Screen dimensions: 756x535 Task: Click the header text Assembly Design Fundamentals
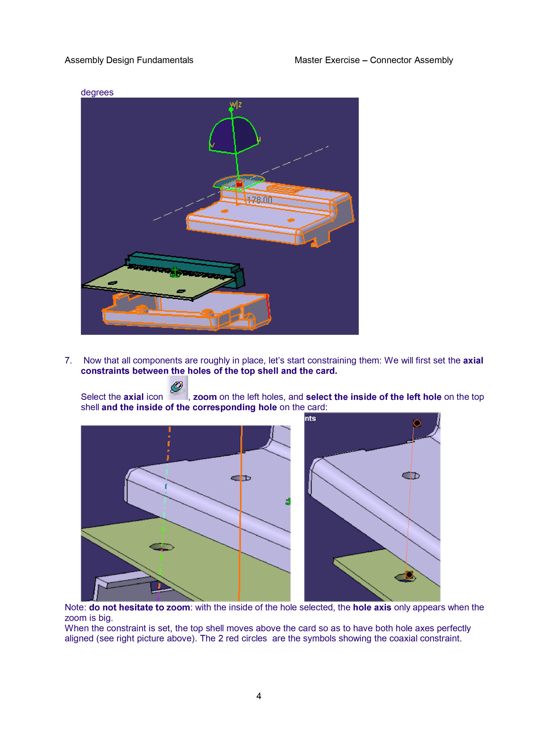pos(129,60)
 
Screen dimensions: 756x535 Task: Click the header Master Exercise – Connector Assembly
pos(373,60)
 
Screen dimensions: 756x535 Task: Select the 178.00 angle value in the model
pos(260,200)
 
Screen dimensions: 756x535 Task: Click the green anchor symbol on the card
pos(175,272)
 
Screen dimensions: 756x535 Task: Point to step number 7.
pos(68,360)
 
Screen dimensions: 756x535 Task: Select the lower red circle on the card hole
pos(409,575)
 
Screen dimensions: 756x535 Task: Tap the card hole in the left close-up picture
pos(162,547)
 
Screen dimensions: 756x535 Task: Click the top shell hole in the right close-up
pos(411,475)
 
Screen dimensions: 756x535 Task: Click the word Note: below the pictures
pos(76,608)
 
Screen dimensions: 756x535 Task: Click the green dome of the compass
pos(233,134)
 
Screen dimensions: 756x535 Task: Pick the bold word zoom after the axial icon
pos(205,397)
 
